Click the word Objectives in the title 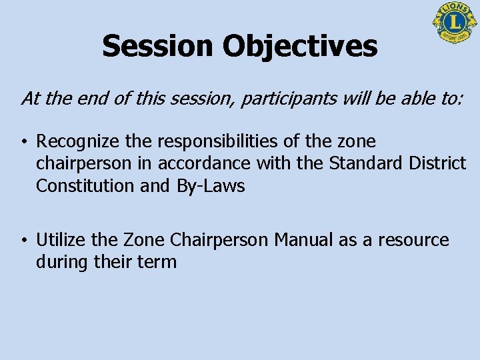point(299,46)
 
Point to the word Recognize point(76,141)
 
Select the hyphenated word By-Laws point(211,186)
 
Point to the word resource point(416,240)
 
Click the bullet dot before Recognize point(23,142)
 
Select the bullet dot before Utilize point(23,241)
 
